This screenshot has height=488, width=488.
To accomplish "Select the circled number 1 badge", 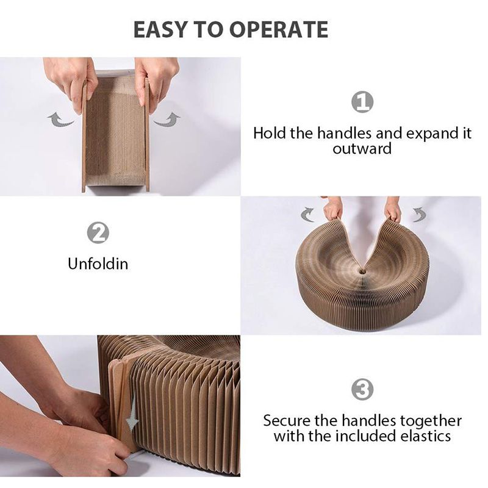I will point(362,102).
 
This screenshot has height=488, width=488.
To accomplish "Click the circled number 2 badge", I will point(98,232).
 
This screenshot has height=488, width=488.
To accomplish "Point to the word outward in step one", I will point(362,148).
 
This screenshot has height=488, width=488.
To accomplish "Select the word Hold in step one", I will point(270,133).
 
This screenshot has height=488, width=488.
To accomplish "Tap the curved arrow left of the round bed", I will point(307,214).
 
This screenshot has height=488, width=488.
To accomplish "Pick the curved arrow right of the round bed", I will point(418,214).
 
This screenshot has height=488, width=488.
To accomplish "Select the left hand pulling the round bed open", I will point(333,209).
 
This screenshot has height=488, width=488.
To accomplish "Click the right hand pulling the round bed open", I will point(393,209).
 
